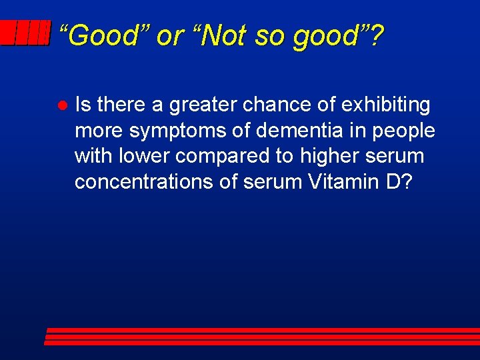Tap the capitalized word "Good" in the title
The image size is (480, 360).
pos(101,35)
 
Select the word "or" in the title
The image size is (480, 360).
pos(167,35)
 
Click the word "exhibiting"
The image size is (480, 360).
pos(387,105)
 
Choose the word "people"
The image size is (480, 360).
pos(403,131)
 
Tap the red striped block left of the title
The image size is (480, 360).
pos(25,33)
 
